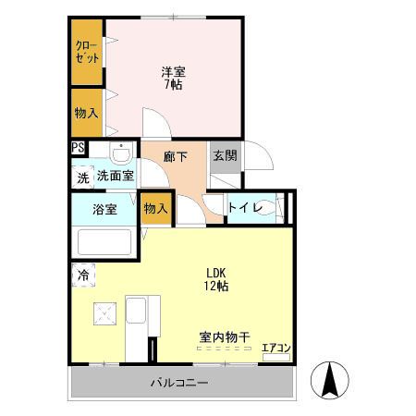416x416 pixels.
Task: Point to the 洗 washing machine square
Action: point(81,176)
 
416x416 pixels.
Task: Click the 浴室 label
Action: point(104,209)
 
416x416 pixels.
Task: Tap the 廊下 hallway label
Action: point(176,156)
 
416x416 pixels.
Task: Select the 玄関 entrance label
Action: point(224,156)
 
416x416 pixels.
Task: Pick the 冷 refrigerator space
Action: point(83,275)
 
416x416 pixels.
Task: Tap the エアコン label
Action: point(275,349)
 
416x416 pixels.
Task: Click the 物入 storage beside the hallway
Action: point(155,210)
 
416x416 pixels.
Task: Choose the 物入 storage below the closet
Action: point(88,112)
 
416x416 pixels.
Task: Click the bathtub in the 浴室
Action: point(104,242)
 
